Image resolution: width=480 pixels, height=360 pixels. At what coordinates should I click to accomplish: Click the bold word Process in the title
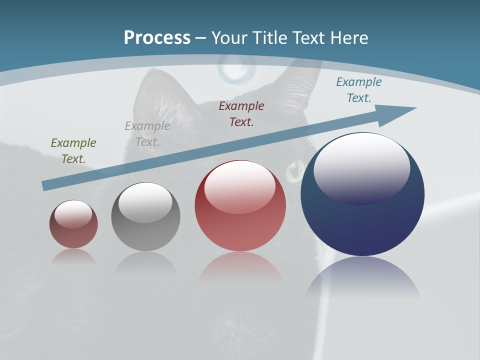pos(157,38)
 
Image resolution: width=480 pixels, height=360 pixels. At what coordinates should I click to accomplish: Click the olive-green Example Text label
pos(73,151)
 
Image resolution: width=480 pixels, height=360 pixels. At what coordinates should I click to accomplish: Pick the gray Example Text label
pos(147,134)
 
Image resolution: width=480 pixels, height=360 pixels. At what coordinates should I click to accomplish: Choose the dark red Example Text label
pos(241,113)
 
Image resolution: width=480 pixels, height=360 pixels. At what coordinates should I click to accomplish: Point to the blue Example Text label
pos(359,90)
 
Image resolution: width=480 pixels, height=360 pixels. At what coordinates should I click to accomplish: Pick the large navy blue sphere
pos(362,220)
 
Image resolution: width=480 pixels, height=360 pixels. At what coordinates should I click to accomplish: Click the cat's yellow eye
pos(294,170)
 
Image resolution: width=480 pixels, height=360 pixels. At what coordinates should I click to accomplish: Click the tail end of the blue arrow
pos(46,185)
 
